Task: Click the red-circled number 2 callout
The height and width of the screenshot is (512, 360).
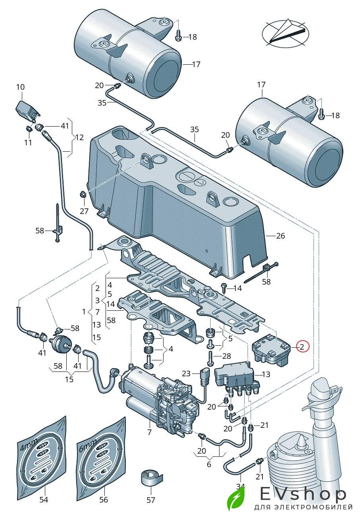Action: pyautogui.click(x=302, y=347)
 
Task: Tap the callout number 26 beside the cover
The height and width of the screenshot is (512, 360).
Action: pyautogui.click(x=281, y=235)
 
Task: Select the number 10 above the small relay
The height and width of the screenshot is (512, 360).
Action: pyautogui.click(x=20, y=87)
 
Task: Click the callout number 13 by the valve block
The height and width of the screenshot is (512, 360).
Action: pyautogui.click(x=266, y=374)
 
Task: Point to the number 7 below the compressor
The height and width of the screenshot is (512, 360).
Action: pyautogui.click(x=149, y=432)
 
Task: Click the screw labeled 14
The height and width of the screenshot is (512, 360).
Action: pyautogui.click(x=223, y=289)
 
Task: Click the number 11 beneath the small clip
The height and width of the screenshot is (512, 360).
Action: pyautogui.click(x=28, y=142)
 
